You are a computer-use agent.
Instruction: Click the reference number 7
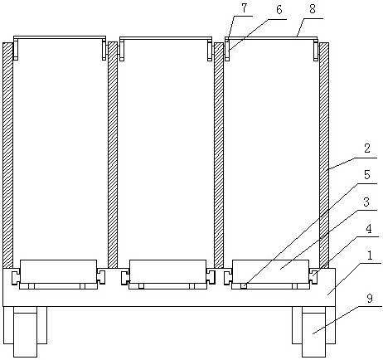pos(244,8)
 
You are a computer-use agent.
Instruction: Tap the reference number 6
pos(279,10)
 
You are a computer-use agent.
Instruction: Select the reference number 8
pos(313,9)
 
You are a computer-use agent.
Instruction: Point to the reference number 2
pos(366,148)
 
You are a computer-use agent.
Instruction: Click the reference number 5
pos(367,175)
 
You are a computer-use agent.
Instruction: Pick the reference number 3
pos(366,202)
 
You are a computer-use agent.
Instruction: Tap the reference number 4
pos(369,229)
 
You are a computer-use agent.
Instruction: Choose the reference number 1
pos(371,255)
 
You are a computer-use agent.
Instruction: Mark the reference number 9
pos(370,299)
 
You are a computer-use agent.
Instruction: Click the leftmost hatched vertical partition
pos(7,155)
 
